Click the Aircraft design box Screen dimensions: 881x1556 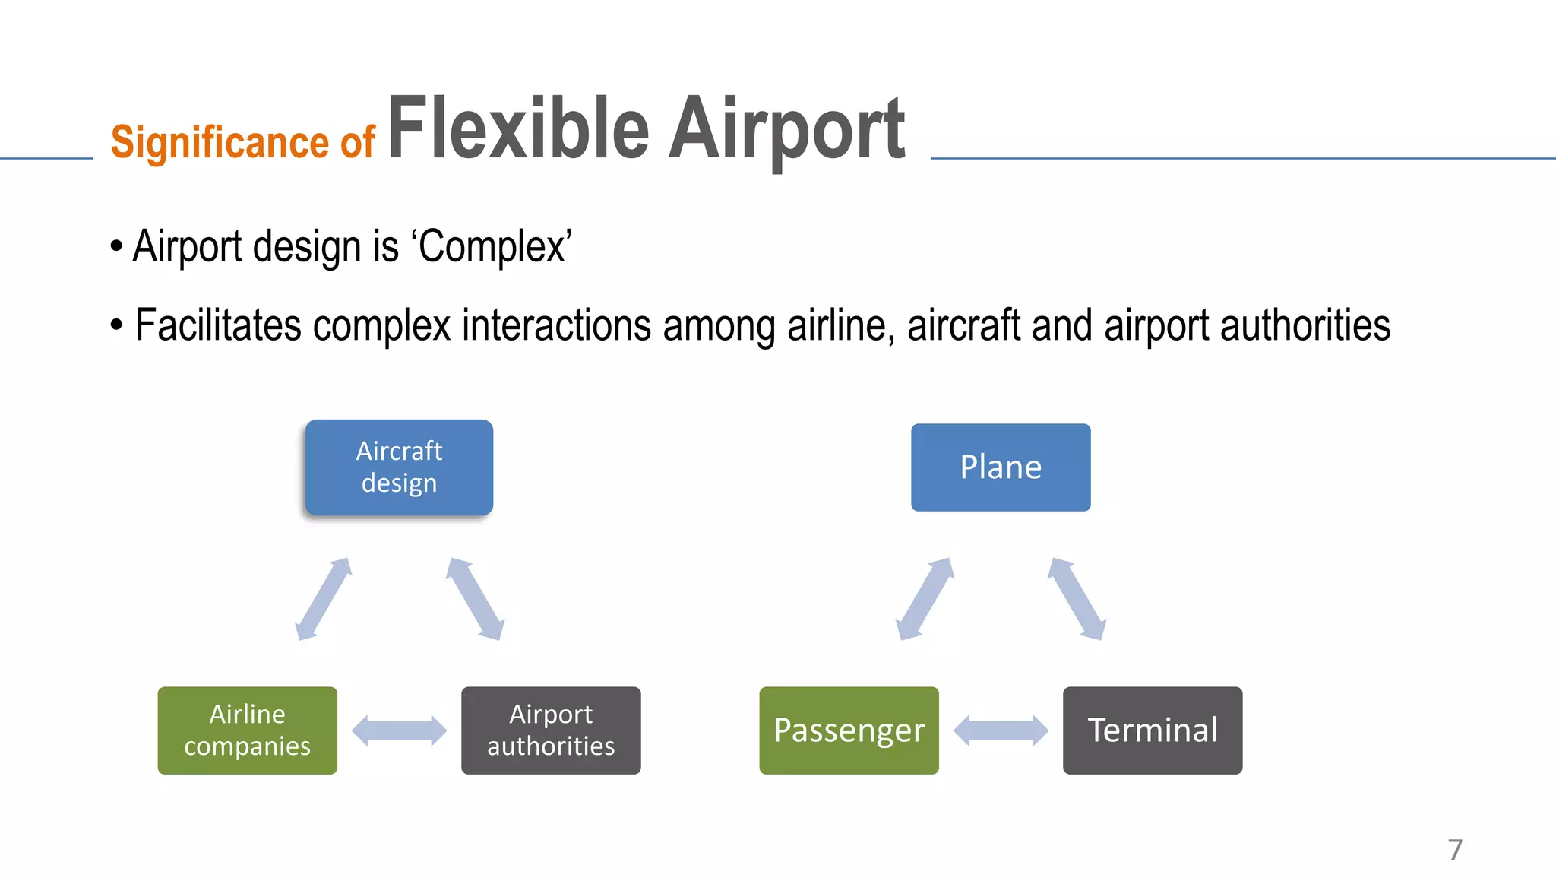[x=399, y=467]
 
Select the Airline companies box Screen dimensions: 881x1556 [x=247, y=730]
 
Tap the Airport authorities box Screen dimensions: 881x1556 [x=551, y=730]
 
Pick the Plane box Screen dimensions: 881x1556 [x=1001, y=467]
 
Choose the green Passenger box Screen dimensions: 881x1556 [x=849, y=730]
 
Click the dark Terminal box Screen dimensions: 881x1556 [x=1153, y=730]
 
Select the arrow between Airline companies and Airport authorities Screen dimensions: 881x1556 [x=399, y=730]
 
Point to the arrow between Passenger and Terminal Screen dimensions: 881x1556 [x=1001, y=730]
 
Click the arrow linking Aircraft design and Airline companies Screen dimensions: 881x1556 [x=324, y=599]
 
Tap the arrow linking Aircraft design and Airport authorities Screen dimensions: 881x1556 [x=475, y=599]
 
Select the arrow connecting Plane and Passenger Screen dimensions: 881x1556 [x=925, y=599]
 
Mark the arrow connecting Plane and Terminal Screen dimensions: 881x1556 [x=1077, y=599]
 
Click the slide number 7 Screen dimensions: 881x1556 [x=1455, y=850]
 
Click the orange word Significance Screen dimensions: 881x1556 [x=220, y=142]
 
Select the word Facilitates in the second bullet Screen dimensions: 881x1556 [x=218, y=325]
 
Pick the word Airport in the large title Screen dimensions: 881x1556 [x=786, y=129]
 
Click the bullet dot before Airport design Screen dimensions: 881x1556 [x=116, y=246]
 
